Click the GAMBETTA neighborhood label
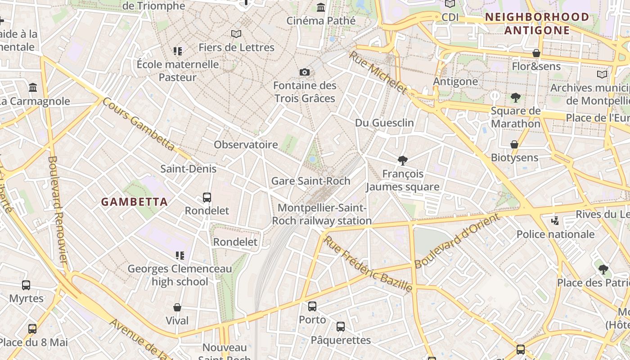tap(134, 202)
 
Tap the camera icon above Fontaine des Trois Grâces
tap(305, 72)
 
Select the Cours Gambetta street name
tap(138, 124)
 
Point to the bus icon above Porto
tap(312, 306)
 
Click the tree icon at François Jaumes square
tap(403, 161)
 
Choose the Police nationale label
tap(555, 234)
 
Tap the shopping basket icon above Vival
tap(177, 307)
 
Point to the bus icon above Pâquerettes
tap(341, 327)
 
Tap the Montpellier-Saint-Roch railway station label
tap(322, 214)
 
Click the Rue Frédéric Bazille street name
tap(368, 263)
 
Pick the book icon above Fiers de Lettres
tap(236, 34)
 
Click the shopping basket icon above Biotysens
tap(514, 144)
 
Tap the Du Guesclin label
tap(384, 122)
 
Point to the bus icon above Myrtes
tap(26, 285)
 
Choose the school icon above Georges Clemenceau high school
tap(180, 256)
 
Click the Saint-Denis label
tap(189, 169)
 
